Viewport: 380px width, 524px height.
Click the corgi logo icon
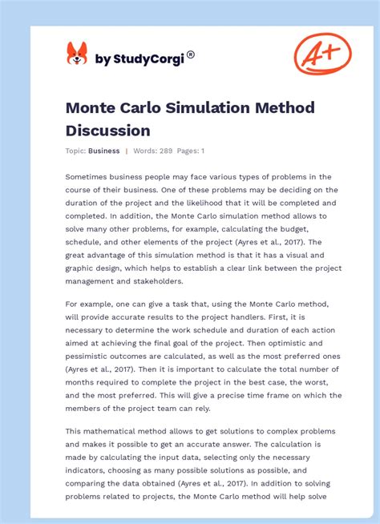tap(77, 54)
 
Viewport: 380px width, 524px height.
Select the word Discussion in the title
tap(108, 130)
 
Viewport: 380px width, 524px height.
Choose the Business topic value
tap(104, 151)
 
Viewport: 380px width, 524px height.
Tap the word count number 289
tap(167, 151)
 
